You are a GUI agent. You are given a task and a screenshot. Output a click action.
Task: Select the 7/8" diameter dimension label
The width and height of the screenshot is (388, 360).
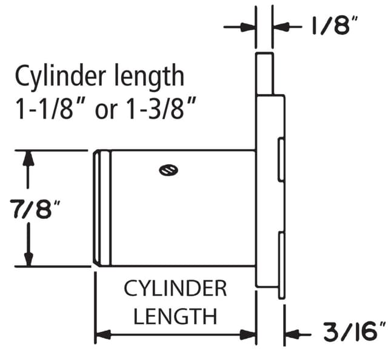coord(35,210)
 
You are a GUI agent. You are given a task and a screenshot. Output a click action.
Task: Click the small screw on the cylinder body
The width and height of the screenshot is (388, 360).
coord(169,170)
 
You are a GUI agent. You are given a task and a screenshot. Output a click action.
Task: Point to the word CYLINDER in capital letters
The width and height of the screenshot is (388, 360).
coord(175,288)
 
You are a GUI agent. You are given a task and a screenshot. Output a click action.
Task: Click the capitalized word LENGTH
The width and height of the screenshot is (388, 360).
coord(175,316)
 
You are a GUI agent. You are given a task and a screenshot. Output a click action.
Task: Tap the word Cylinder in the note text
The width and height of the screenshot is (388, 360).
coord(61,76)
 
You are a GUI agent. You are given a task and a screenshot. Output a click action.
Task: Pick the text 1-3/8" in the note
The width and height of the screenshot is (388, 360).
coord(162,108)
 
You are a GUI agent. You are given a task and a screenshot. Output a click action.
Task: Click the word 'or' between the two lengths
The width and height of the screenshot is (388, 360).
coord(106,112)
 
